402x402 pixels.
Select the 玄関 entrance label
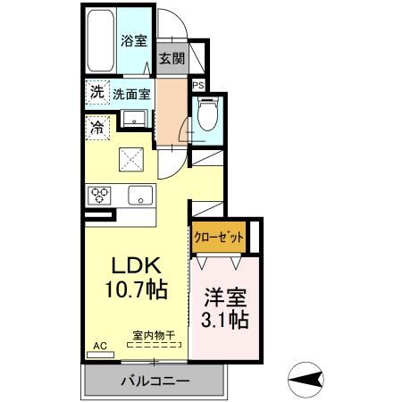point(172,60)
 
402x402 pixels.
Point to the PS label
point(198,86)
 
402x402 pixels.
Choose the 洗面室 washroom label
point(131,92)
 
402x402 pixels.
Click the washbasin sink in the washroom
point(136,118)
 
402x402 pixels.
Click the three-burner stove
point(98,195)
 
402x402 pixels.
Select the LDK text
point(135,266)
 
